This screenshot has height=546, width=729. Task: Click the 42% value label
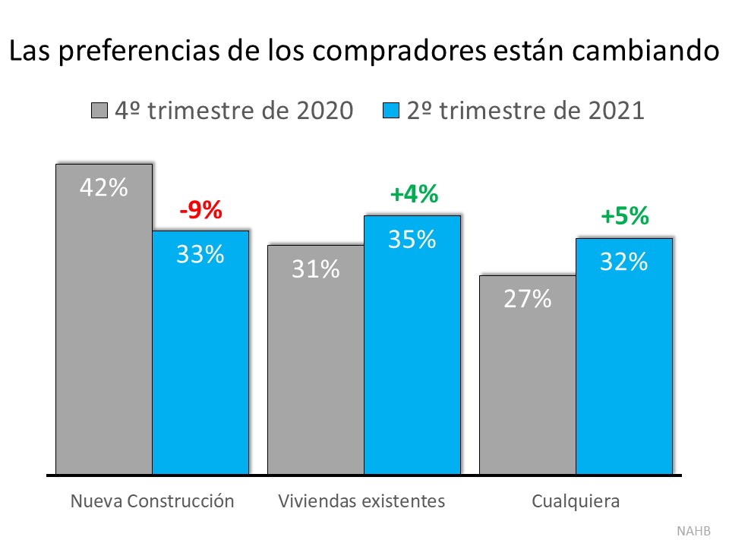pyautogui.click(x=104, y=187)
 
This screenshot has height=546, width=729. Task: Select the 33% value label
pyautogui.click(x=200, y=254)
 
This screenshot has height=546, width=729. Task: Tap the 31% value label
pyautogui.click(x=315, y=268)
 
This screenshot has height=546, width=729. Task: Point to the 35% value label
pyautogui.click(x=412, y=239)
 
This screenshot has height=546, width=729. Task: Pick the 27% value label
pyautogui.click(x=527, y=299)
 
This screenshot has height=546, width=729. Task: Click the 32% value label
pyautogui.click(x=623, y=262)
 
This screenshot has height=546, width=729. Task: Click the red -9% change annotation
pyautogui.click(x=200, y=210)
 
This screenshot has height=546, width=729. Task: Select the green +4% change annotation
pyautogui.click(x=413, y=194)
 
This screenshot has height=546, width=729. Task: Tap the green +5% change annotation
pyautogui.click(x=624, y=217)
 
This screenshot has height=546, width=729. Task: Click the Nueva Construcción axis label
pyautogui.click(x=152, y=501)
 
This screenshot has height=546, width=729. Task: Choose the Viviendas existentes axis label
pyautogui.click(x=361, y=501)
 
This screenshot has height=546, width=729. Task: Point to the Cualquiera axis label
pyautogui.click(x=576, y=501)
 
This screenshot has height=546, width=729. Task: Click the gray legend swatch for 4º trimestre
pyautogui.click(x=99, y=111)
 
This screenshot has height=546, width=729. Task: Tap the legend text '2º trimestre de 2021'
pyautogui.click(x=525, y=111)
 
